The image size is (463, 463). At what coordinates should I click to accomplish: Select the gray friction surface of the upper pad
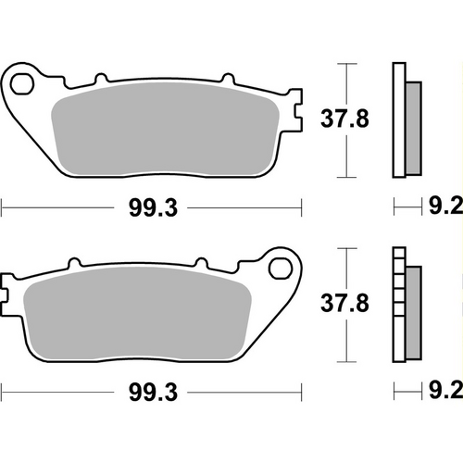[x=167, y=130]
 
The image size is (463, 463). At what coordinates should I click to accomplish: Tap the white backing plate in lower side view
[x=399, y=306]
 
